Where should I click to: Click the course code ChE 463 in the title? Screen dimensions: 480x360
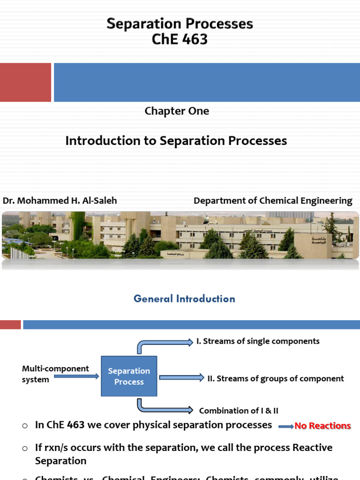click(180, 39)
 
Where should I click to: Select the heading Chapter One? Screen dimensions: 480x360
click(177, 111)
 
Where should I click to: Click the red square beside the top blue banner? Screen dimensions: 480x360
click(25, 82)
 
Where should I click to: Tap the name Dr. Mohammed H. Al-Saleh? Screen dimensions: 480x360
click(60, 201)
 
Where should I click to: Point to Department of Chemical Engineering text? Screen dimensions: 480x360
click(273, 201)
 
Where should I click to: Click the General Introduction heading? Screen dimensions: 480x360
click(184, 299)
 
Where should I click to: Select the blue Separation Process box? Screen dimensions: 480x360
click(129, 376)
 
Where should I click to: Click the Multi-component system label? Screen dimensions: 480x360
click(55, 374)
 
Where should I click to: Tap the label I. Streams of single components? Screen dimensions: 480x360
click(258, 341)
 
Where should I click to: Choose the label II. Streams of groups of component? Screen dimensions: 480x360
click(276, 378)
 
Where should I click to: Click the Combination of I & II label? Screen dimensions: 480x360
click(239, 411)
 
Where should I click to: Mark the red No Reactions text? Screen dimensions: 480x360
click(322, 426)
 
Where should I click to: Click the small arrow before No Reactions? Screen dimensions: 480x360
click(286, 427)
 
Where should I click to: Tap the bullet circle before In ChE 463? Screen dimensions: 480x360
click(25, 426)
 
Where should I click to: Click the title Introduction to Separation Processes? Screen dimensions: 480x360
click(176, 141)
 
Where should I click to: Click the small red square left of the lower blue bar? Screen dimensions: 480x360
click(10, 324)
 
